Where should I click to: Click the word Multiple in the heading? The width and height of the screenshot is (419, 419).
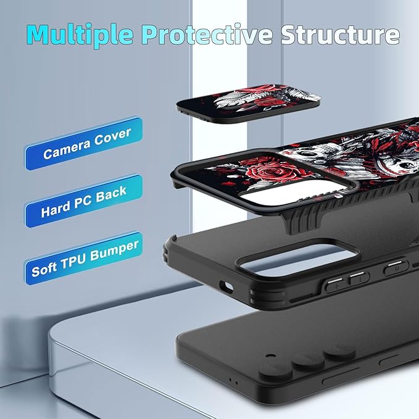tap(80, 35)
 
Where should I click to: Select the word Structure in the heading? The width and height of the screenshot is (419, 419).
tap(340, 34)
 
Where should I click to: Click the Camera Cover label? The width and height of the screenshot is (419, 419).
tap(84, 144)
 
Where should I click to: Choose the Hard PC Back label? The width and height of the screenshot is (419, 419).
tap(84, 201)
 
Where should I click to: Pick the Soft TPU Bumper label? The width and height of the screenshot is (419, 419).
tap(84, 258)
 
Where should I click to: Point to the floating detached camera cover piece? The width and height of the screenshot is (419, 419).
tap(248, 104)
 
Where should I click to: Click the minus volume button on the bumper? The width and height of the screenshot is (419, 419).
tap(359, 279)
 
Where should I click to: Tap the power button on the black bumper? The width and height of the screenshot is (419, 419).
tap(396, 268)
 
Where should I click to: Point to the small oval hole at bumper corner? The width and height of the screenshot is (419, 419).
tap(226, 287)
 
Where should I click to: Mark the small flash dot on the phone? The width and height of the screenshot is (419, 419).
tap(271, 356)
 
